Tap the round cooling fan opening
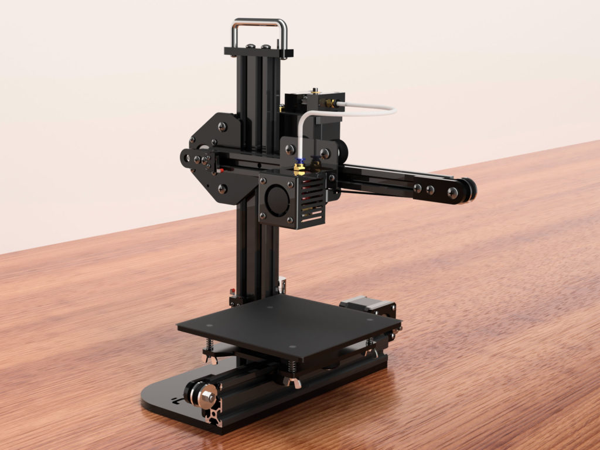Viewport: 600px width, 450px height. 277,200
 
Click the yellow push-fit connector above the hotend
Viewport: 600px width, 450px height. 299,168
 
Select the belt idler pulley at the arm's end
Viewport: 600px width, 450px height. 466,191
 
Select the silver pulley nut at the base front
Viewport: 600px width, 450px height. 206,398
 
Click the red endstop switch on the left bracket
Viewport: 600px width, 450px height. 221,171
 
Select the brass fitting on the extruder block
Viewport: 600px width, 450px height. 331,104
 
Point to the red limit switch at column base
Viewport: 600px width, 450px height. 233,291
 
